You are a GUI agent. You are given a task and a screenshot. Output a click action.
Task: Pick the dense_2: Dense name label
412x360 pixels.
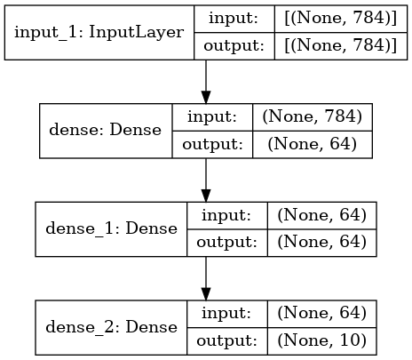point(110,326)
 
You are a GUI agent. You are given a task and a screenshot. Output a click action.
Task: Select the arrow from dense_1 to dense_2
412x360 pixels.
point(206,278)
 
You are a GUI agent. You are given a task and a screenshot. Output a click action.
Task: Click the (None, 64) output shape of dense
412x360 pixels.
point(308,144)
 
